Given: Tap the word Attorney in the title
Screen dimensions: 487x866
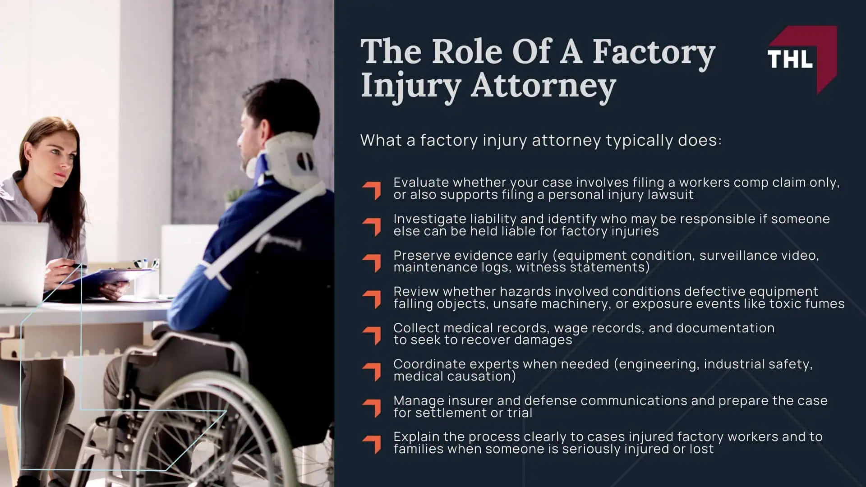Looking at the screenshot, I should [x=543, y=86].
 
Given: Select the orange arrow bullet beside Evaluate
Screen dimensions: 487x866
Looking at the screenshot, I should [x=372, y=190].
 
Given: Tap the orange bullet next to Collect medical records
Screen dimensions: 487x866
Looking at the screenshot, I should [x=372, y=335].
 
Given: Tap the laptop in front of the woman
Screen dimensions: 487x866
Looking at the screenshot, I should [x=23, y=262].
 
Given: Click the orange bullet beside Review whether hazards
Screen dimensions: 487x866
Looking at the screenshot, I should [x=372, y=299].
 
